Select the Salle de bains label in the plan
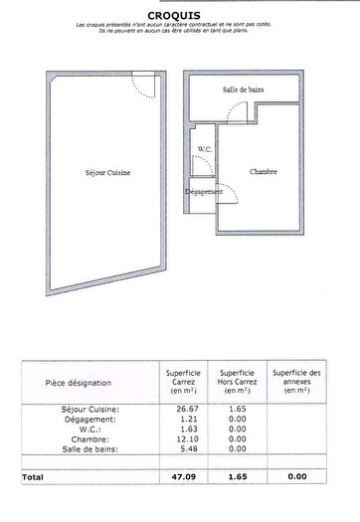click(244, 89)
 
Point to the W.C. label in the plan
click(205, 149)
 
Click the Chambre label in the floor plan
click(264, 171)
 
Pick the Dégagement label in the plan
click(205, 192)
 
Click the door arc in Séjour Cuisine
click(143, 87)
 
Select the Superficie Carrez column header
click(184, 382)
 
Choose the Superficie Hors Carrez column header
click(238, 382)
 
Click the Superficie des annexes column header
click(296, 382)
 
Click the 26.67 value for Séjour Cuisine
click(185, 409)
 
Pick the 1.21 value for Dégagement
click(185, 419)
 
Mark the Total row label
click(34, 477)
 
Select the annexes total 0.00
click(296, 477)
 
